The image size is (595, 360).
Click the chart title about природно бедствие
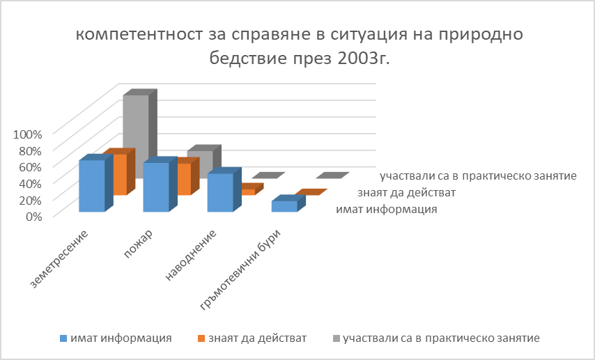(299, 46)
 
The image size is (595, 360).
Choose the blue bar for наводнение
(219, 192)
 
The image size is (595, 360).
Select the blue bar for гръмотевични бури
(284, 206)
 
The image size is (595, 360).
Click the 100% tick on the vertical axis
(29, 133)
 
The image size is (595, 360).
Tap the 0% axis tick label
(33, 215)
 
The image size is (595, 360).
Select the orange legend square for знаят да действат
(202, 338)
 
